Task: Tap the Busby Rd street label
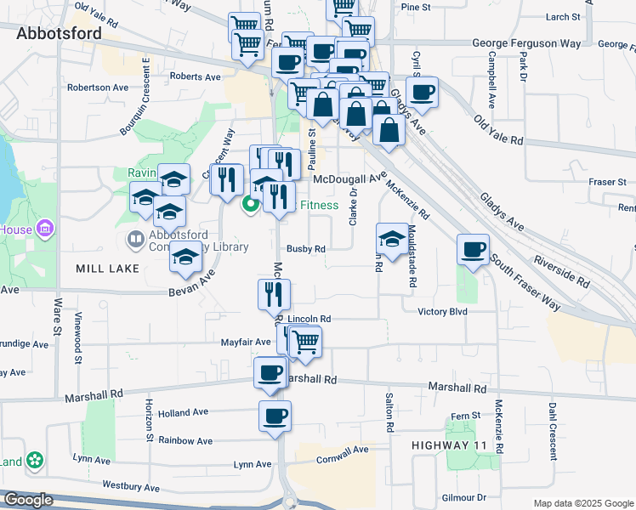click(x=306, y=249)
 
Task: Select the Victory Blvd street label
click(x=443, y=311)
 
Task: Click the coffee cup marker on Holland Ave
click(x=275, y=416)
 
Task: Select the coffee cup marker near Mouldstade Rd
click(x=473, y=250)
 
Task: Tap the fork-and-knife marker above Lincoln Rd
click(x=274, y=295)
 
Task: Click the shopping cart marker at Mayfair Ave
click(x=304, y=342)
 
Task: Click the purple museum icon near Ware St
click(x=46, y=229)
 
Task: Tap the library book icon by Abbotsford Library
click(x=135, y=241)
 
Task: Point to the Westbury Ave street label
click(x=131, y=488)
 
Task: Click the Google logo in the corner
click(x=28, y=500)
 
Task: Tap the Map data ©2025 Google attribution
click(x=582, y=503)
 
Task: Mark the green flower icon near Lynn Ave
click(x=35, y=461)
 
